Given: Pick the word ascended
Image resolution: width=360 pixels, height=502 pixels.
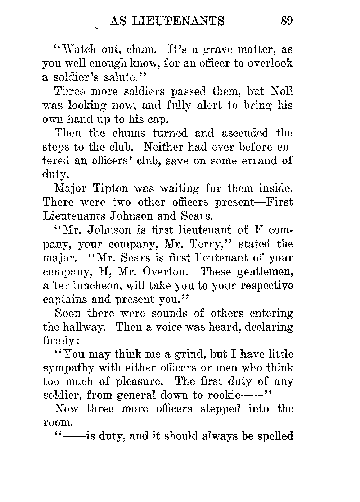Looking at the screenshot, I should tap(245, 133).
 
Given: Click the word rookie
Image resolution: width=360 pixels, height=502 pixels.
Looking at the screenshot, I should tap(224, 395).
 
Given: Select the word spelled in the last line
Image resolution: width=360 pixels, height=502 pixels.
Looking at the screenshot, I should tap(275, 436).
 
